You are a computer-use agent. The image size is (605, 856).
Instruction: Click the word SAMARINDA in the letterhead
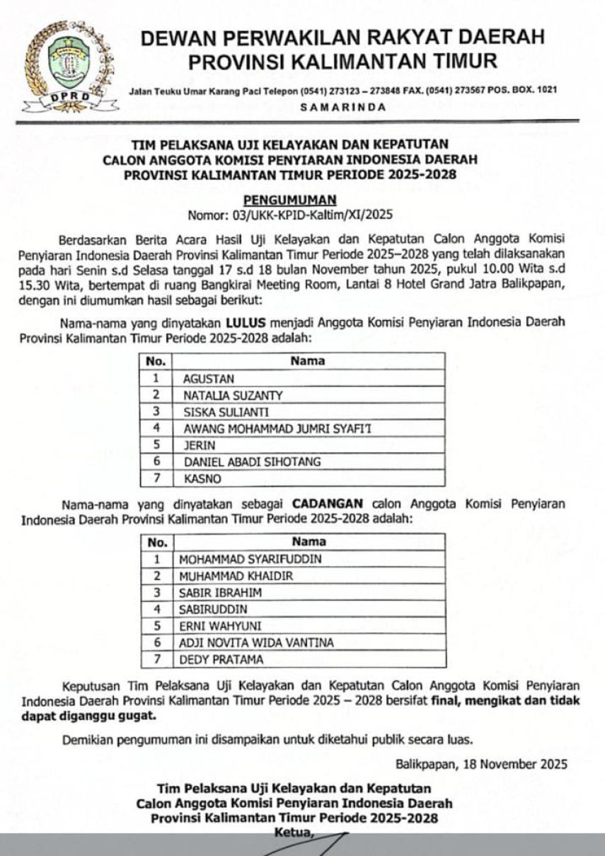[x=343, y=108]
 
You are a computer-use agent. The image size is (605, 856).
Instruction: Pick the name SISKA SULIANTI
[x=226, y=412]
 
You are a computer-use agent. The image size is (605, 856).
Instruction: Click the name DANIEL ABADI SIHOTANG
[x=252, y=462]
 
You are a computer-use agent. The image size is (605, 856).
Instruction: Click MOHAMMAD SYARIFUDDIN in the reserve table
[x=250, y=559]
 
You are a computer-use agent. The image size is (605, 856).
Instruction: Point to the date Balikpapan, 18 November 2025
[x=481, y=765]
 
